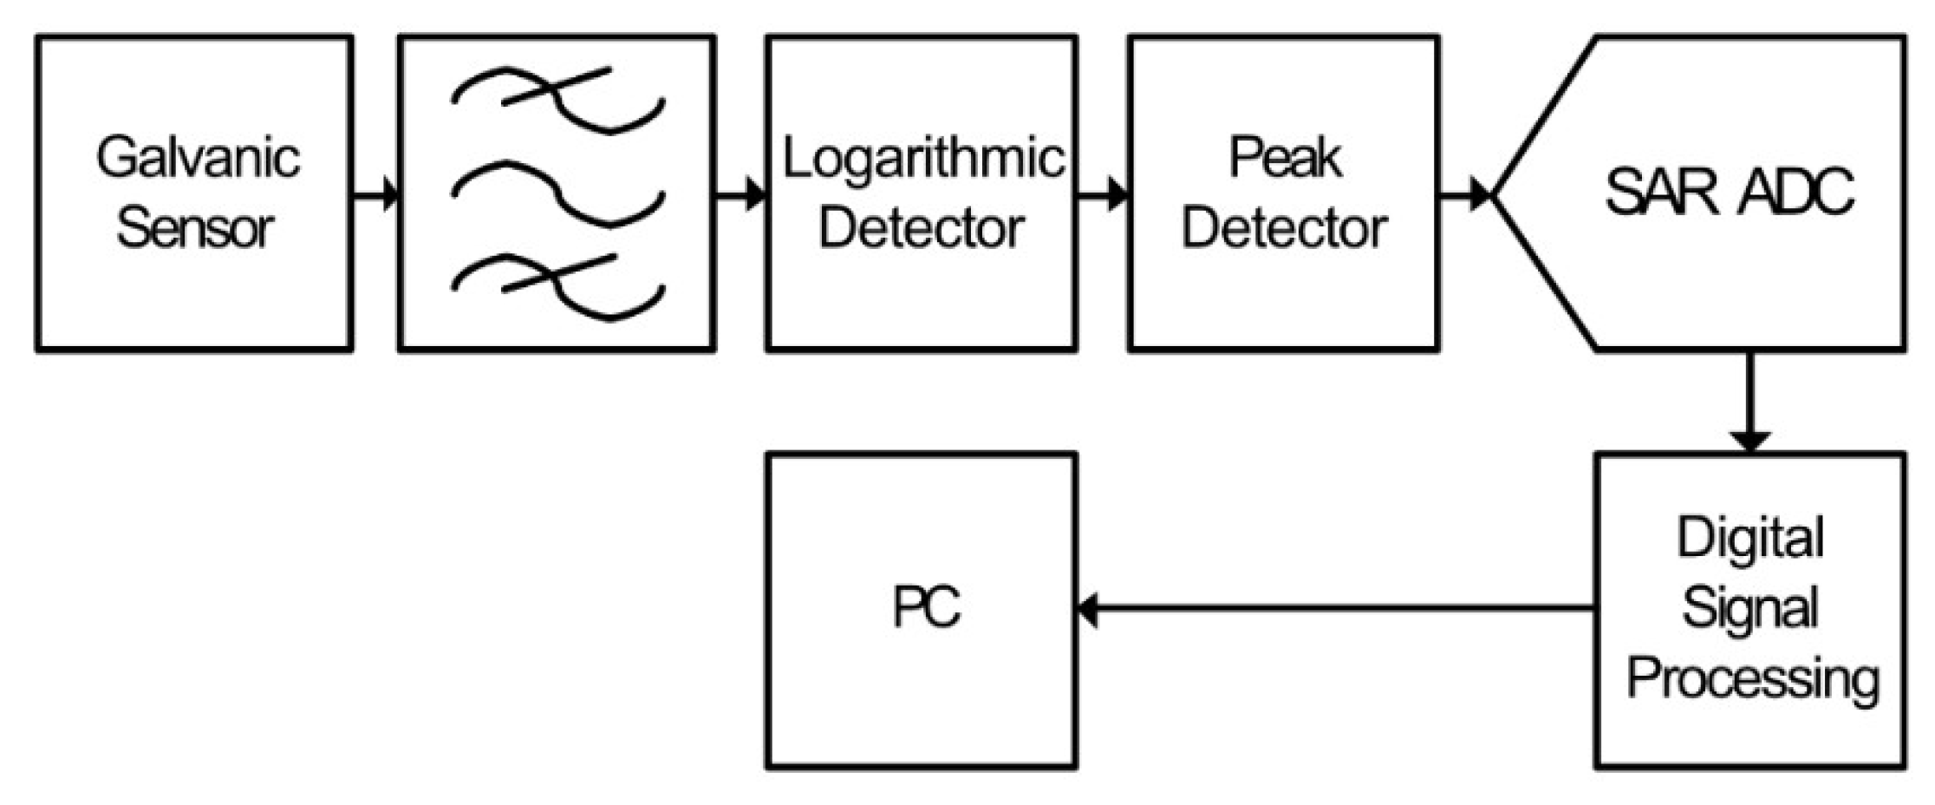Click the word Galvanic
(198, 160)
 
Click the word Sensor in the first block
(194, 229)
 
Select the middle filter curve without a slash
(557, 193)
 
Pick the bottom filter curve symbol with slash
(557, 286)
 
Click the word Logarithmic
(922, 160)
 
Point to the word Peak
(1285, 160)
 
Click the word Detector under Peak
(1285, 229)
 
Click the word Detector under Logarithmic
(921, 229)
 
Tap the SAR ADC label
(1729, 192)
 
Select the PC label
(926, 607)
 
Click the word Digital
(1749, 538)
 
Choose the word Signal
(1749, 607)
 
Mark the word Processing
(1751, 678)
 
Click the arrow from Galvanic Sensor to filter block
(375, 193)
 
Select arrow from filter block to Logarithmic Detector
(740, 193)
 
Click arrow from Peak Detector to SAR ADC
(1465, 193)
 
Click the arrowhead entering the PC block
(1088, 609)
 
